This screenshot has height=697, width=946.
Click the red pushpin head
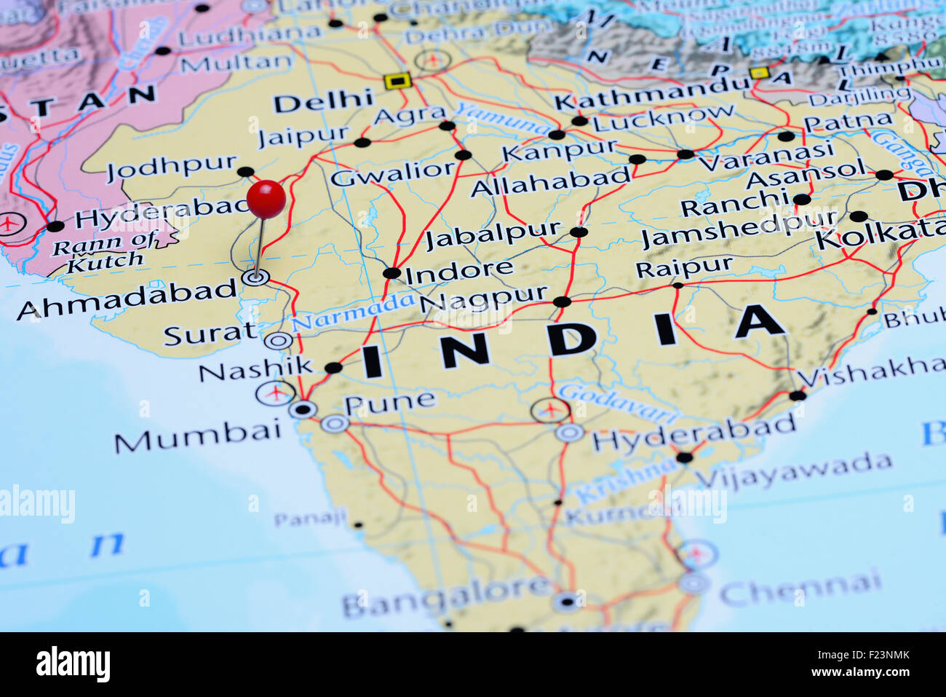(266, 199)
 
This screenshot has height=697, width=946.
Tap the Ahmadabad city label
(127, 299)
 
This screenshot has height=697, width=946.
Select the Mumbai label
(197, 436)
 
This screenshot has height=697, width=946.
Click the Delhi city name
(323, 101)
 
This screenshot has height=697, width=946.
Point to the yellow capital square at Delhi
(397, 80)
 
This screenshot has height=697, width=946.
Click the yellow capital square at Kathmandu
(759, 73)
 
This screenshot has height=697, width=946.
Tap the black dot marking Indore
(392, 273)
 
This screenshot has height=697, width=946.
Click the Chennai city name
(800, 588)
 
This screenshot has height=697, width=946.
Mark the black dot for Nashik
(333, 368)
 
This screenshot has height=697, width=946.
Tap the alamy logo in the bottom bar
(73, 664)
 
